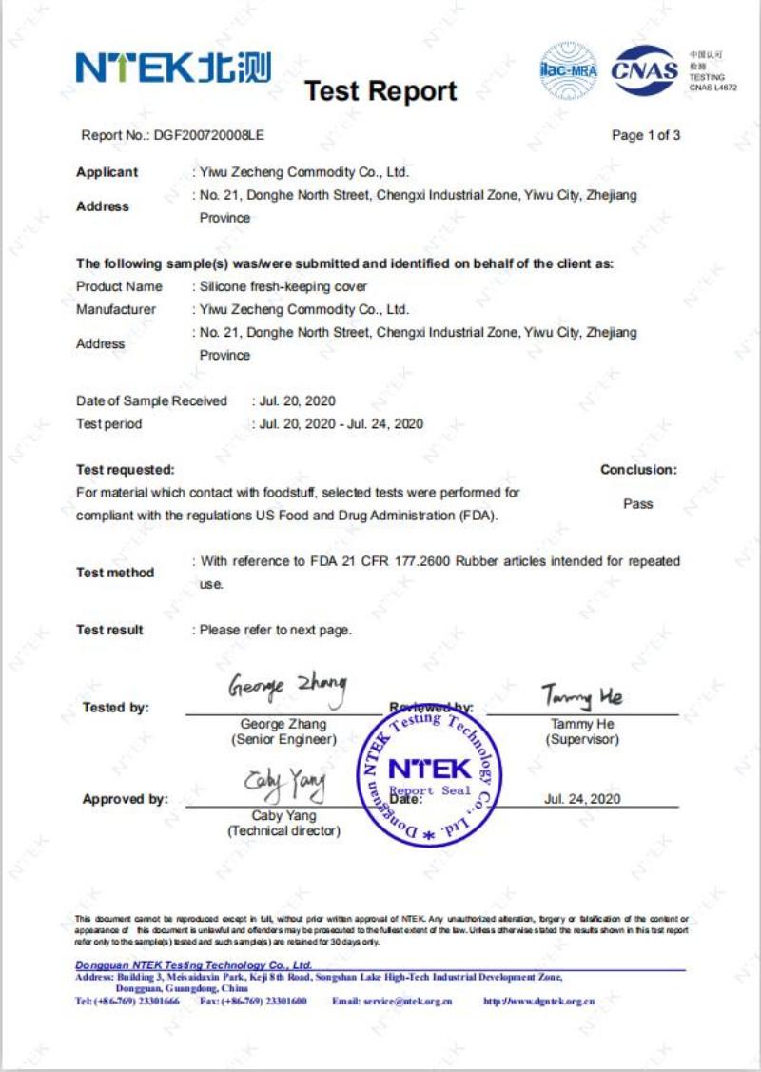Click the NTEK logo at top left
172,68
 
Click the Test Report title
380,91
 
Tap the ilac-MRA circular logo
568,69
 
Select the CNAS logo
644,69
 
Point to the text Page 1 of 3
646,135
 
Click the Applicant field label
107,172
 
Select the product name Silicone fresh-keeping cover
283,286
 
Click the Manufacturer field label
116,309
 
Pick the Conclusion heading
638,469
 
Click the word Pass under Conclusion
637,503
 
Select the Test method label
114,573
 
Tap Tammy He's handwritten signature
582,696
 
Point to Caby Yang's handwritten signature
283,784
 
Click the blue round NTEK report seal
428,774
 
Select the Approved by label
125,799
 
